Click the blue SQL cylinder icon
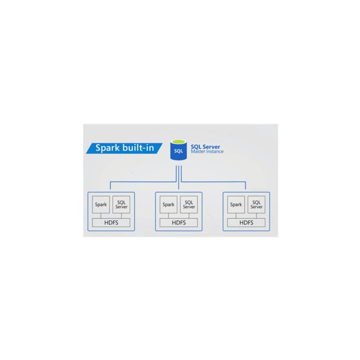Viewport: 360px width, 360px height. (x=179, y=149)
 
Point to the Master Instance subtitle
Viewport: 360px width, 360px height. (x=207, y=152)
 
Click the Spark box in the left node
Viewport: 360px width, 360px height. (x=101, y=205)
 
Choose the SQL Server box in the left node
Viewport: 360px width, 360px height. (x=121, y=205)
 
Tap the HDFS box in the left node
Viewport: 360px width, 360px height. (x=111, y=222)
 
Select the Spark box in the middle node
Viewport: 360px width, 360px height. (x=168, y=205)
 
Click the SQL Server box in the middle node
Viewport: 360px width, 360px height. (x=189, y=205)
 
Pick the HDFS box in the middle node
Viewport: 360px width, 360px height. (x=179, y=222)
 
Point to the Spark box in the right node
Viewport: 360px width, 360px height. (x=236, y=205)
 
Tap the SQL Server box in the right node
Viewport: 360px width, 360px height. (x=257, y=205)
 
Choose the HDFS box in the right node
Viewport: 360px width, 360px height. (x=246, y=222)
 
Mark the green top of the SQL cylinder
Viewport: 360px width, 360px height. (x=179, y=143)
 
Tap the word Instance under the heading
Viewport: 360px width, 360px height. (x=215, y=152)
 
